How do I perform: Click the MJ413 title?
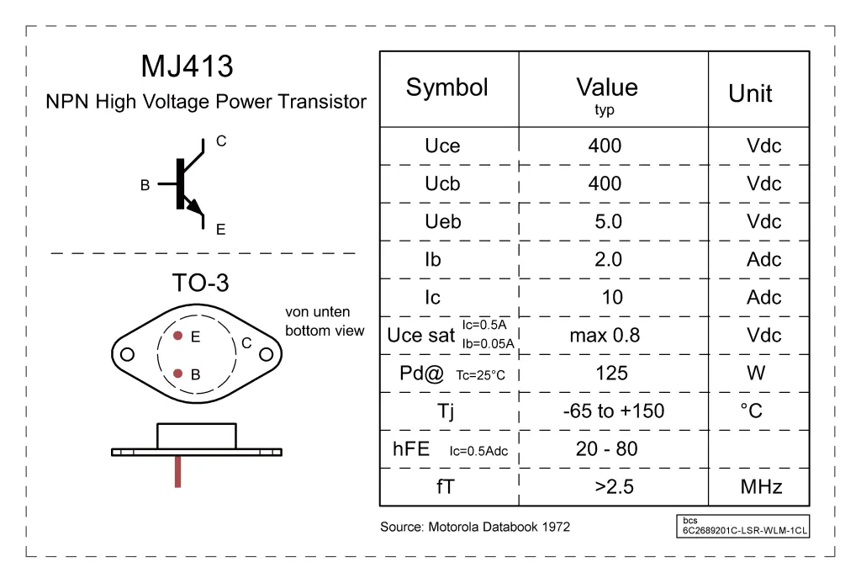tap(187, 66)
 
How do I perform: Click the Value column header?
tap(606, 87)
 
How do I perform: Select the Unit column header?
tap(750, 93)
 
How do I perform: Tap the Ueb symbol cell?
tap(442, 221)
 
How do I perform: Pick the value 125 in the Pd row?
tap(611, 373)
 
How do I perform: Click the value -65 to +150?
tap(613, 411)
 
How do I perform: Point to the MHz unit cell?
tap(761, 486)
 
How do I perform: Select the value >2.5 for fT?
tap(613, 486)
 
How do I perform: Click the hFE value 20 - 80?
tap(606, 448)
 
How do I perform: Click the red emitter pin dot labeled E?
tap(178, 336)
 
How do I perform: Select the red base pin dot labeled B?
tap(178, 374)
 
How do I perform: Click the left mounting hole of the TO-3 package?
tap(127, 354)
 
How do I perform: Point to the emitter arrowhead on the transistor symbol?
tap(195, 207)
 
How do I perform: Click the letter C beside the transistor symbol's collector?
tap(221, 141)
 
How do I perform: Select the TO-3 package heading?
tap(200, 283)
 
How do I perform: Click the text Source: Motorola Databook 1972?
tap(474, 527)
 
